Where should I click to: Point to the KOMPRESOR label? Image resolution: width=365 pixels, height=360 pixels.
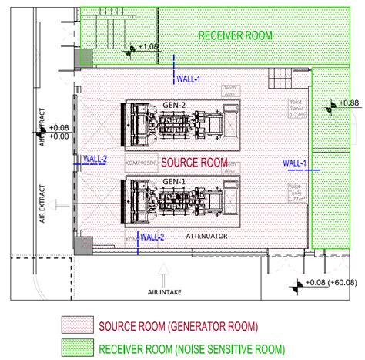coord(139,164)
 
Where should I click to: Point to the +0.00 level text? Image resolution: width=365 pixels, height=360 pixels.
coord(59,136)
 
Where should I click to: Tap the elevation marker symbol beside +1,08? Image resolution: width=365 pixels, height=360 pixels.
coord(132,49)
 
